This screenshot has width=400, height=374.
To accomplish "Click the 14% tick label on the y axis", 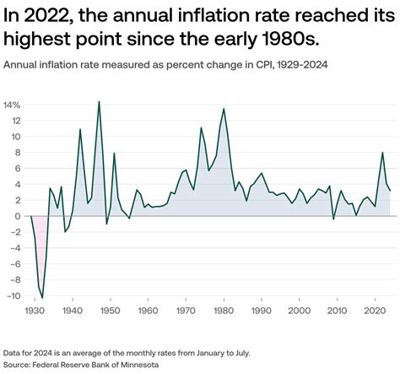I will pos(13,106).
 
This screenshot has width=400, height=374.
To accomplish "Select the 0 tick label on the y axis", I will pos(16,216).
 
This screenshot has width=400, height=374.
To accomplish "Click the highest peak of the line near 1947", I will pos(99,102).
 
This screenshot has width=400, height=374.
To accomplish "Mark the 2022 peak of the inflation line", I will pos(383,153).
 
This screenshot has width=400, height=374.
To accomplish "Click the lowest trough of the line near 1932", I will pos(42,298).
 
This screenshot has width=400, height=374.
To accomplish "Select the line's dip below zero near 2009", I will pos(333,219).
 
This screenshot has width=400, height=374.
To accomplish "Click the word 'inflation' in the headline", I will pos(192,15).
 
